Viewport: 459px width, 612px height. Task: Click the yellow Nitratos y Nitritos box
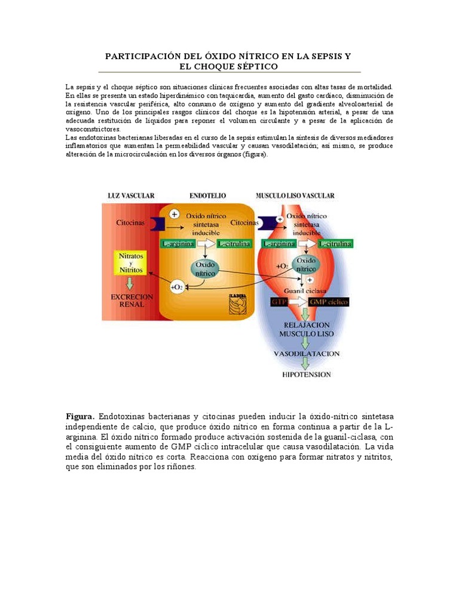[131, 262]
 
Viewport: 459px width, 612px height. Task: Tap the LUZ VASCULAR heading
[131, 195]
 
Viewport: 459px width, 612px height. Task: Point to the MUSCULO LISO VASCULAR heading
[295, 195]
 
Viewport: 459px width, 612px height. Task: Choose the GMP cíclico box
[328, 302]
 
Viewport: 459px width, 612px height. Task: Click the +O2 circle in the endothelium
[177, 287]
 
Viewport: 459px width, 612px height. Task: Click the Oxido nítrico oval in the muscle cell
[306, 264]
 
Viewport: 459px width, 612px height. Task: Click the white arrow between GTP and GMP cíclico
[298, 302]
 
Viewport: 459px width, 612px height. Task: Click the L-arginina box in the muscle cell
[278, 243]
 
